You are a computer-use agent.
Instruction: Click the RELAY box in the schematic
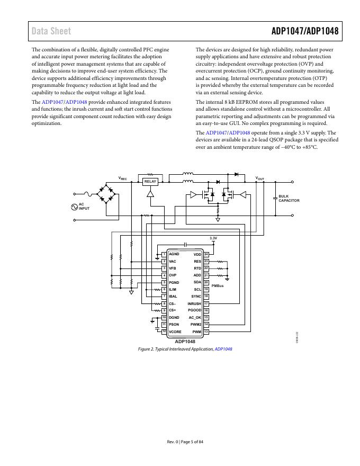tap(150, 182)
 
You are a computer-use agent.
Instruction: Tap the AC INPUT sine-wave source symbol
tap(74, 207)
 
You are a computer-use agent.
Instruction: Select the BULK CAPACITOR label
tap(289, 199)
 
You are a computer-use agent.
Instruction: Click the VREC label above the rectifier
tap(122, 178)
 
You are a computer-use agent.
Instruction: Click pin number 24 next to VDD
tap(206, 255)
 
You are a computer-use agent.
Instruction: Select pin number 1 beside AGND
tap(164, 255)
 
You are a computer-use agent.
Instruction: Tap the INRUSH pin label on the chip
tap(194, 303)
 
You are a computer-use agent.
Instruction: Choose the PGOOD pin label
tap(194, 310)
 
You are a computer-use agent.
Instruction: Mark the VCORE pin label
tap(175, 331)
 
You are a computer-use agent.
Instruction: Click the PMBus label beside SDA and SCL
tap(218, 286)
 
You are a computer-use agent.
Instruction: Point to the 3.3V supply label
tap(213, 238)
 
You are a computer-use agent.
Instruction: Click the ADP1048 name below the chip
tap(185, 342)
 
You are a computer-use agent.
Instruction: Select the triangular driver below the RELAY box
tap(150, 194)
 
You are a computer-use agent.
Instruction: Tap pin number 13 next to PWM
tap(206, 331)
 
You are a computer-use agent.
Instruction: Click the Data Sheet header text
tap(51, 31)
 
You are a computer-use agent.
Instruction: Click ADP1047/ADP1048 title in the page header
tap(305, 31)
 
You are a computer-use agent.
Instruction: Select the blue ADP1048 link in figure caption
tap(223, 349)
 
